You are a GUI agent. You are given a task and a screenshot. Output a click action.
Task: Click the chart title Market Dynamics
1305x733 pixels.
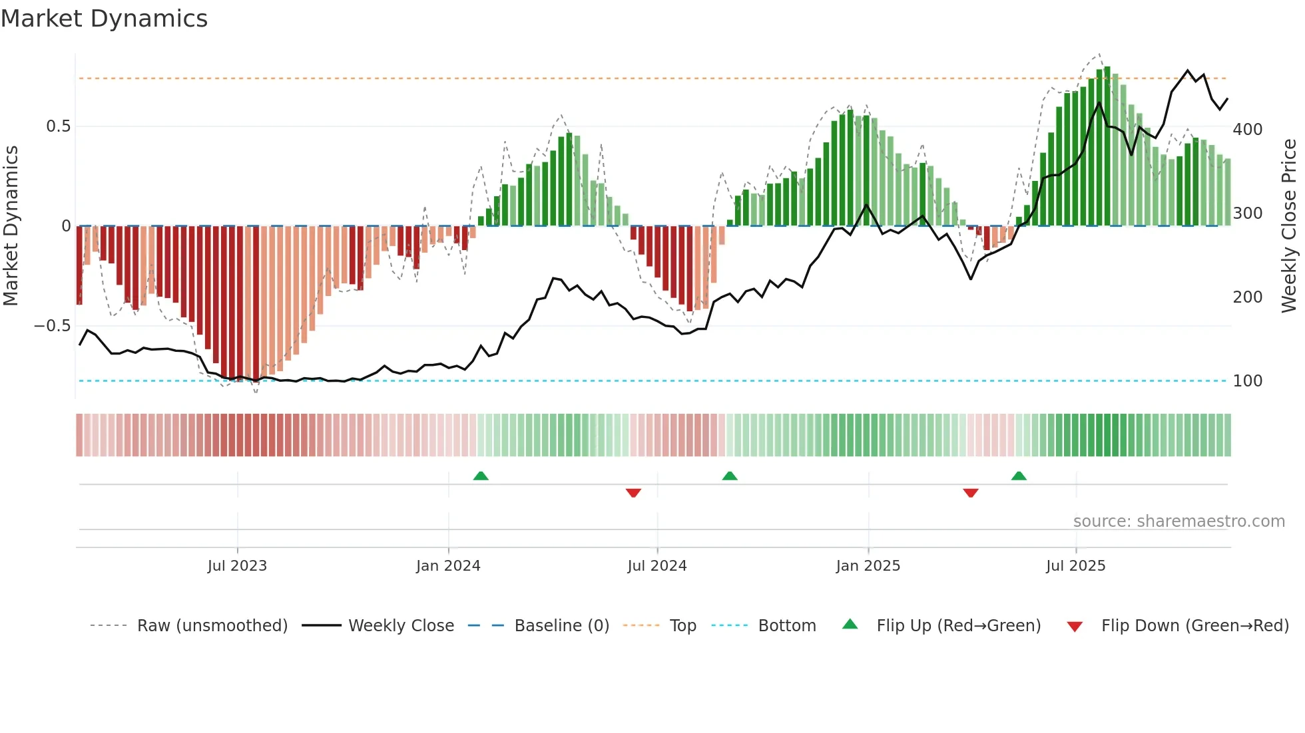(x=104, y=19)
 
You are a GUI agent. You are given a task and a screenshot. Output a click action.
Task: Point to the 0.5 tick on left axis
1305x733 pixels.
(x=58, y=126)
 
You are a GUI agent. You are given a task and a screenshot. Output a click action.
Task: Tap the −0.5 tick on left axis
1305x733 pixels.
(x=53, y=326)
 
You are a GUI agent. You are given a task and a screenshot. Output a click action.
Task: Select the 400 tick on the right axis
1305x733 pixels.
(x=1247, y=130)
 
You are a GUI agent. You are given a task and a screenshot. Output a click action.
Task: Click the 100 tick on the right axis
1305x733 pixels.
(x=1247, y=381)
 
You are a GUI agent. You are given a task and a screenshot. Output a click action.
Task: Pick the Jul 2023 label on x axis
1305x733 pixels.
(x=237, y=566)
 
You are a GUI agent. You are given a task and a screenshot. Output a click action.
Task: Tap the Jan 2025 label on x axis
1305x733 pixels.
(x=868, y=566)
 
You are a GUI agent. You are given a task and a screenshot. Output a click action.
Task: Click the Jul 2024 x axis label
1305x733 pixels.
(x=656, y=566)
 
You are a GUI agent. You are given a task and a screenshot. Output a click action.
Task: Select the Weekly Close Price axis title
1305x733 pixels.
(x=1289, y=226)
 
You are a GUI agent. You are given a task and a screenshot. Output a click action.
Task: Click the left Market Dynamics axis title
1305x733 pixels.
(x=11, y=226)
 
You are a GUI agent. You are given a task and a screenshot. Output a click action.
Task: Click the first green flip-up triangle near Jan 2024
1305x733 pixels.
(x=481, y=476)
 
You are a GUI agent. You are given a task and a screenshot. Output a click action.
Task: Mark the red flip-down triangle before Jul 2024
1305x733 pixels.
(x=633, y=493)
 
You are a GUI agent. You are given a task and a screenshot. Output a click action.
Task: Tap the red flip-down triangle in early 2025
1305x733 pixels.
(x=970, y=493)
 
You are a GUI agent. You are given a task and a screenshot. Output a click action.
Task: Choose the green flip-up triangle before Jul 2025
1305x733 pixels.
(x=1019, y=476)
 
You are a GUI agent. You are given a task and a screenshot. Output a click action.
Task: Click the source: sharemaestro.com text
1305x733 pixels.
(x=1178, y=521)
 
